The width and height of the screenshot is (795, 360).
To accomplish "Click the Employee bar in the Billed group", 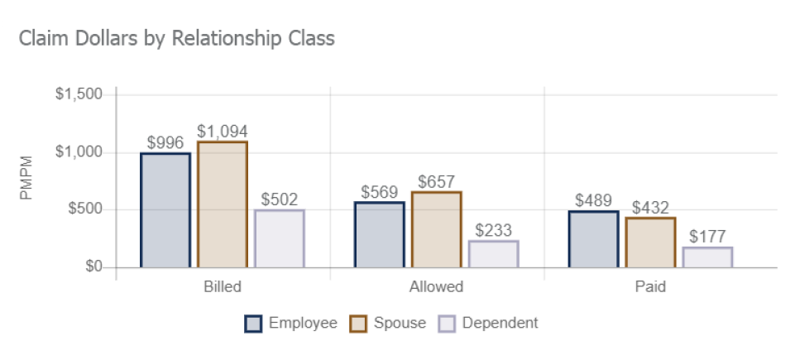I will pos(165,210).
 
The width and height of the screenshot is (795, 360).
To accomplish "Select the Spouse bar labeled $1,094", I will pos(223,204).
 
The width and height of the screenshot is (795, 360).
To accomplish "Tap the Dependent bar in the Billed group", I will pos(280,238).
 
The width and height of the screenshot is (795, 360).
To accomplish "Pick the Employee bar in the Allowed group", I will pos(380,235).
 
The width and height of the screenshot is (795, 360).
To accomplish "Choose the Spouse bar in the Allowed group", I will pos(436,229).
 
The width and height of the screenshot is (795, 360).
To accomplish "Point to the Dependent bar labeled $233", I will pos(493,254).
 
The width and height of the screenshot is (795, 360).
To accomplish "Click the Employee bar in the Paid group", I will pos(593,239).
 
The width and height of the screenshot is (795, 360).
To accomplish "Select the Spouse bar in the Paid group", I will pos(650,242).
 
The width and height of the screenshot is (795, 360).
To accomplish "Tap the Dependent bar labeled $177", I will pos(707,257).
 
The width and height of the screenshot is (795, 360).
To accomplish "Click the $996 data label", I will pos(165,142).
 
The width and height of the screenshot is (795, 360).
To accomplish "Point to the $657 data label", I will pos(437,182).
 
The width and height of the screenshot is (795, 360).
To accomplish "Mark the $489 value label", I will pos(593,201).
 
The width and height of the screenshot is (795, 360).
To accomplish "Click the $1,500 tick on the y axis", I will pos(79,94).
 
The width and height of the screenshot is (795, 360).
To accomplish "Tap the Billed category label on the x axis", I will pos(223,289).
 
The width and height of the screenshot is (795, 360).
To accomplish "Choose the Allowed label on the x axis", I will pos(436,289).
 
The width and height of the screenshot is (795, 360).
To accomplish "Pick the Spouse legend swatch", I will pos(358,324).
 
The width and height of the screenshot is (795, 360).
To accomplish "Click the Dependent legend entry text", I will pos(500,323).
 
